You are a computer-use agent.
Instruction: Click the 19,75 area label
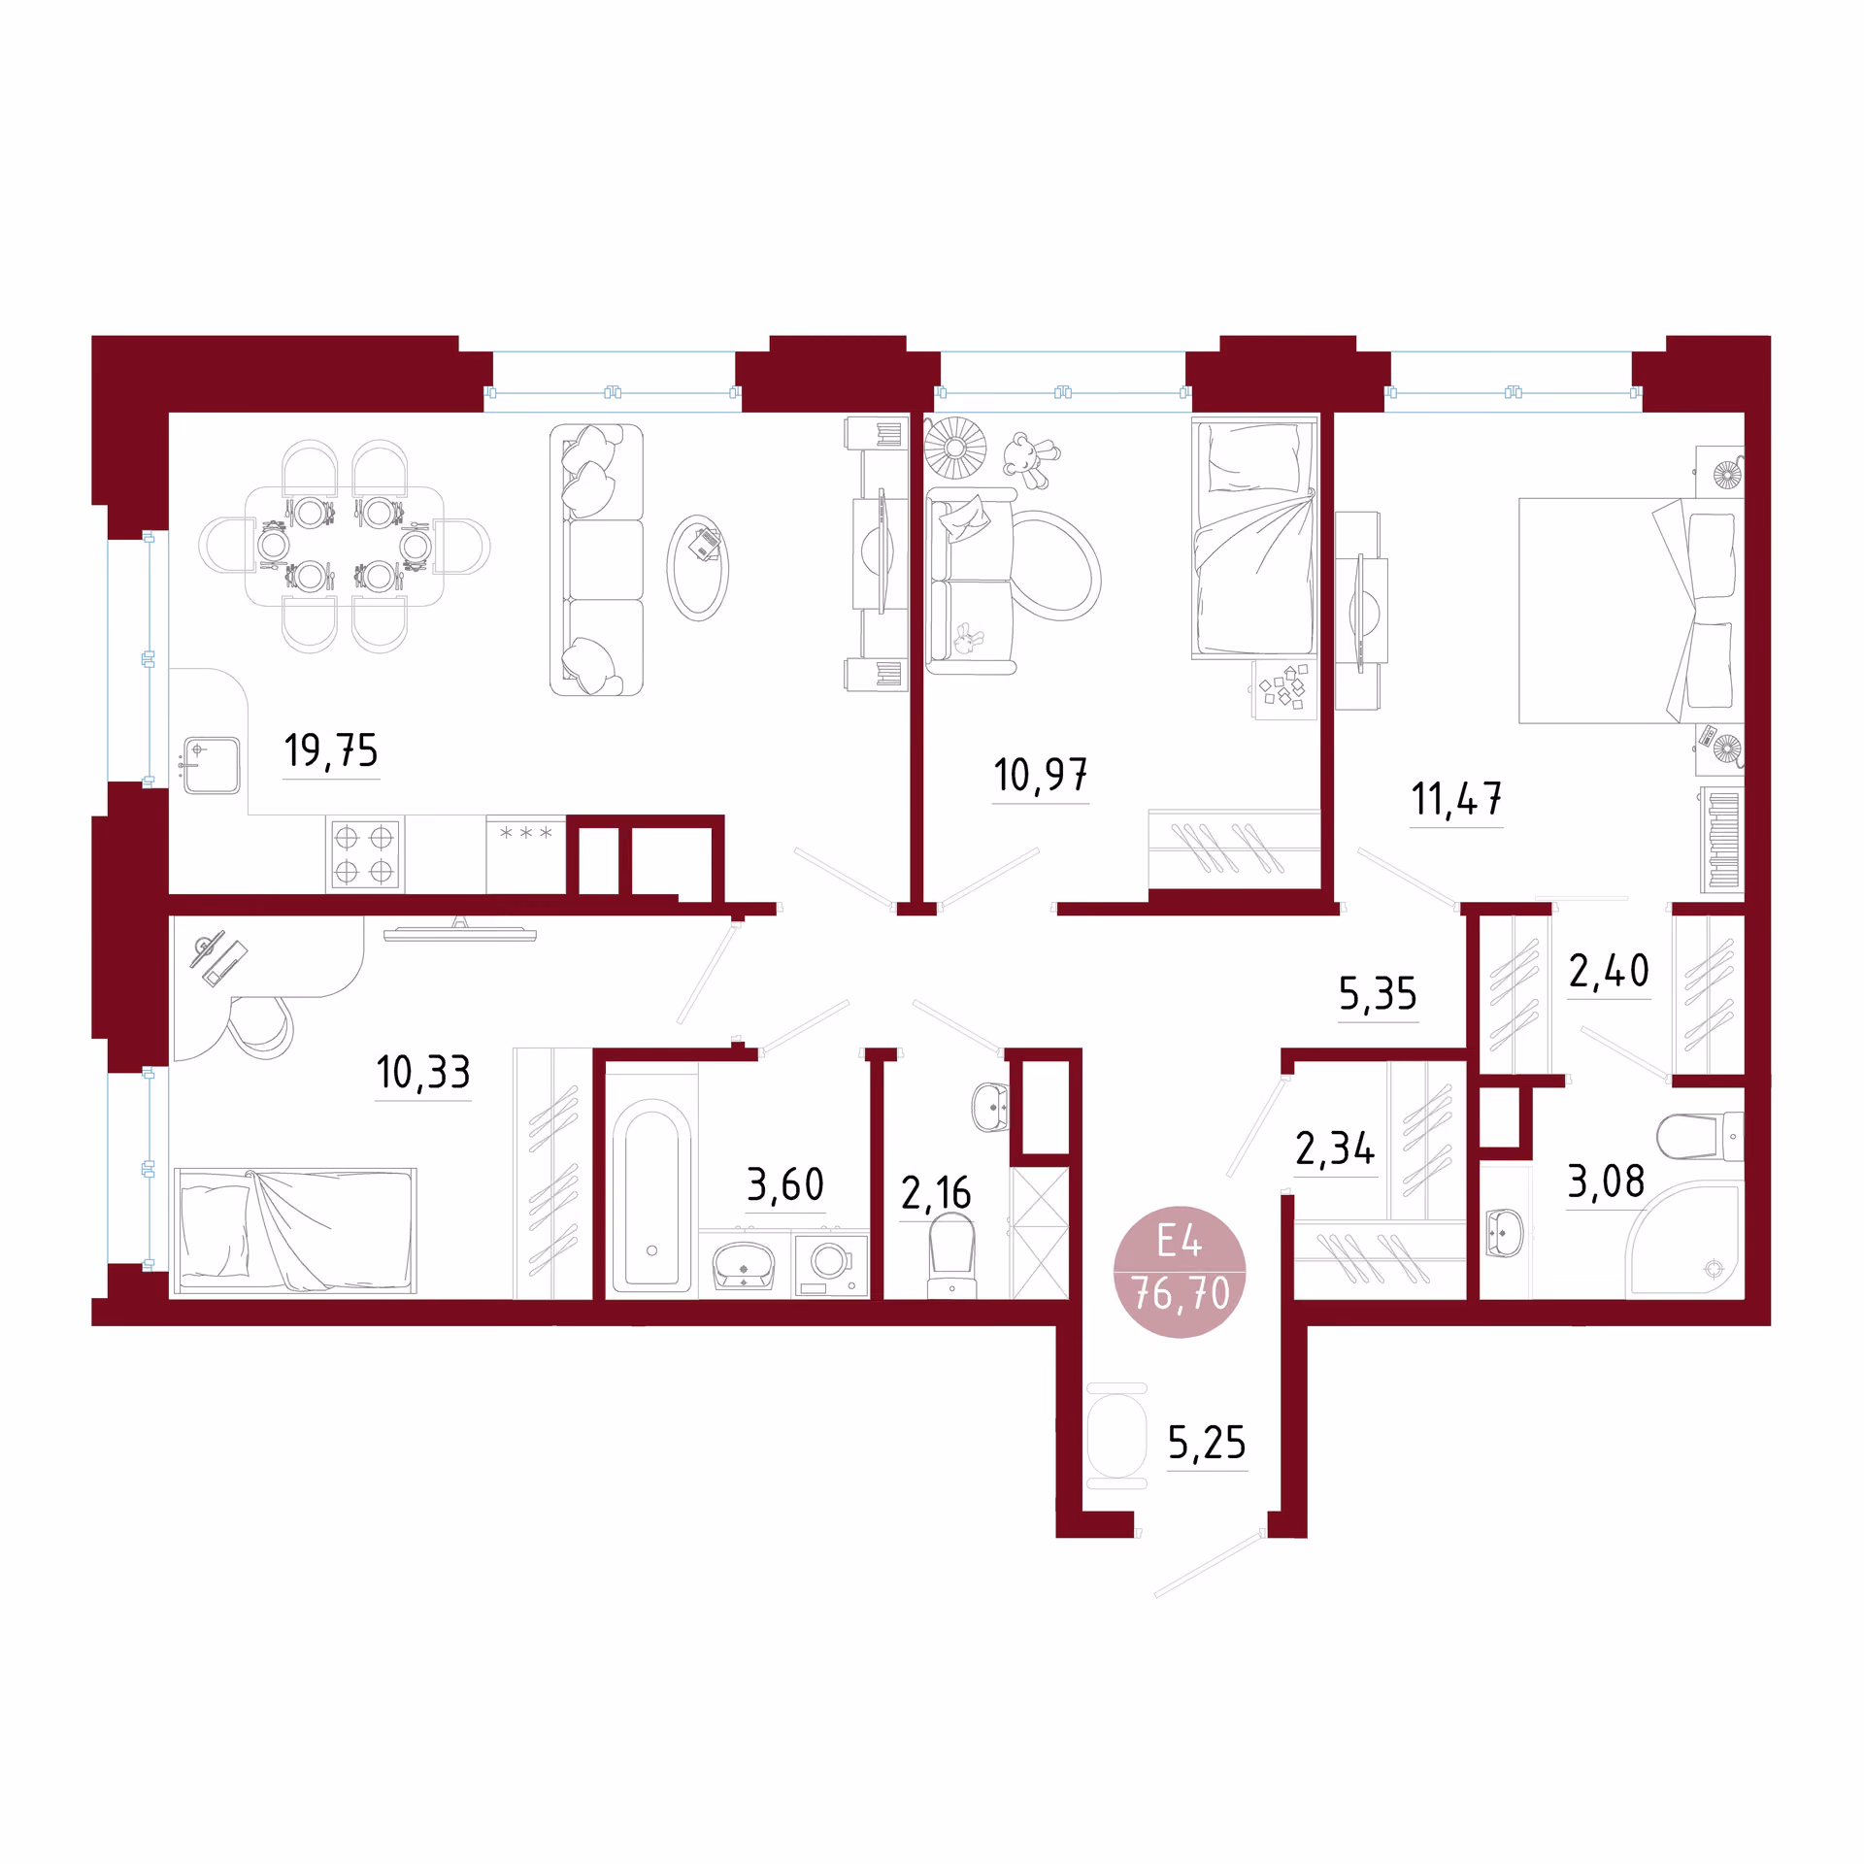331,750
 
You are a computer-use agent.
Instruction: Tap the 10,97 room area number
1040,775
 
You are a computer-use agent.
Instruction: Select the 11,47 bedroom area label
1456,799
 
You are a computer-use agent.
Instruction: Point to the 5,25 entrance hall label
1207,1443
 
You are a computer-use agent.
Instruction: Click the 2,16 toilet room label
936,1193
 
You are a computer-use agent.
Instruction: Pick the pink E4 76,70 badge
1180,1272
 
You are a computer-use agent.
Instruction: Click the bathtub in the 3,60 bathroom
651,1197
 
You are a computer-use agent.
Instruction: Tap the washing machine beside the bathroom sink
830,1263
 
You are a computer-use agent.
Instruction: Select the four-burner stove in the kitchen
364,854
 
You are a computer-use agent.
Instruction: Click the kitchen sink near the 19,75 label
212,765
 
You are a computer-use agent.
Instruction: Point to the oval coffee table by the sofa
697,568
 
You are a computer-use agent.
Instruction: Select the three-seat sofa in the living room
596,560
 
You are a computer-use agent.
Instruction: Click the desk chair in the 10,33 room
260,1026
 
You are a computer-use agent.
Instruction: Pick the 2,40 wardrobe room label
1610,971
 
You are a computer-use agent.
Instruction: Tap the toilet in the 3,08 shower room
1700,1136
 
